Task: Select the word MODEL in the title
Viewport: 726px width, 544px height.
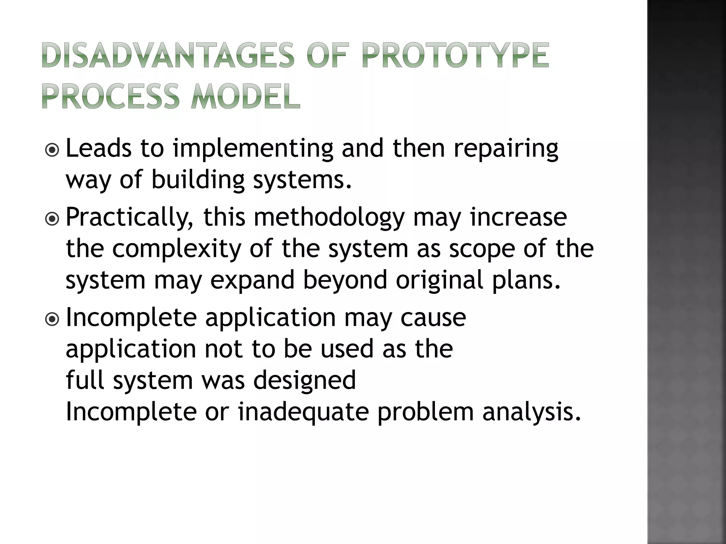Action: pyautogui.click(x=245, y=96)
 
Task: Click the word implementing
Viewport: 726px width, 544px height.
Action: pyautogui.click(x=253, y=149)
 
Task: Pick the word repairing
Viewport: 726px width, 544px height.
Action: pyautogui.click(x=506, y=149)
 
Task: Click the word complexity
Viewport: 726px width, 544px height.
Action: pyautogui.click(x=177, y=249)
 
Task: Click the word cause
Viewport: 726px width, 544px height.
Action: pyautogui.click(x=433, y=318)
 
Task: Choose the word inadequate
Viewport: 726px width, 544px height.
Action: pyautogui.click(x=303, y=412)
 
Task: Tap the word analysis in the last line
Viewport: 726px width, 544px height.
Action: pyautogui.click(x=532, y=412)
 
